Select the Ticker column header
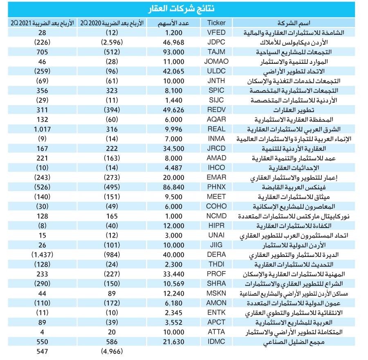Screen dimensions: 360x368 [216, 22]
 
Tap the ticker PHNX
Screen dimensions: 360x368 [216, 187]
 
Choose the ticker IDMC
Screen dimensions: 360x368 [216, 342]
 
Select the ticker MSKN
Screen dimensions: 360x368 [216, 293]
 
